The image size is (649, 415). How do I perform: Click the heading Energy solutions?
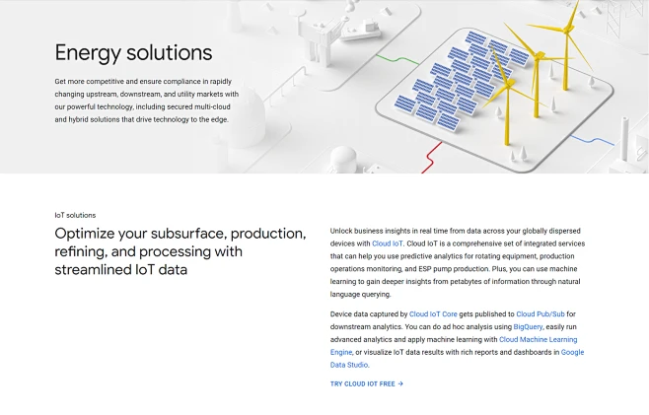[x=133, y=52]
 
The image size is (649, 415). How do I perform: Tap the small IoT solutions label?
[x=75, y=215]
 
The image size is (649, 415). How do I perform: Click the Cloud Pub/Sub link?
[x=540, y=314]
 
